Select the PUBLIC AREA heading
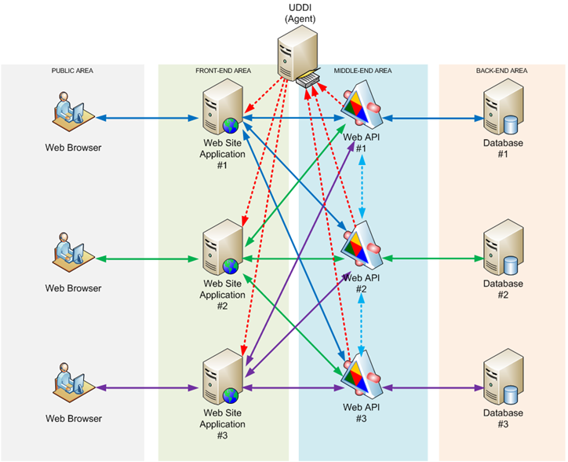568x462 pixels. point(72,71)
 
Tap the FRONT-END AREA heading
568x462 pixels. point(223,71)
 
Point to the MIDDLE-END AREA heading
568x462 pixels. point(362,71)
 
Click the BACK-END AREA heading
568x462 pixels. point(502,71)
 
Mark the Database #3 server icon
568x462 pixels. point(503,376)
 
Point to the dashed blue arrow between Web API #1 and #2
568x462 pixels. point(362,181)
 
